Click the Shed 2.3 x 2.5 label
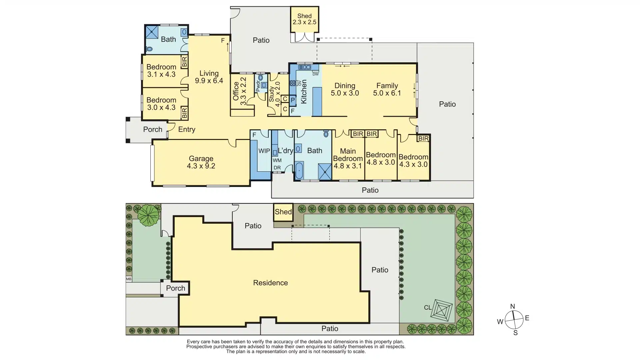tap(304, 19)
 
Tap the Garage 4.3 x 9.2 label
tap(201, 162)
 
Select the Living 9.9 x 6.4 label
tap(209, 77)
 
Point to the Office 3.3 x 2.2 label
tap(239, 91)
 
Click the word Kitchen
tap(304, 91)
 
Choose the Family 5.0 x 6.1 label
tap(387, 89)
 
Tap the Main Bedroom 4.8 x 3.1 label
tap(348, 158)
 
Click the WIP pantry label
tap(264, 151)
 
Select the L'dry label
tap(285, 151)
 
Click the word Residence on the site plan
tap(270, 283)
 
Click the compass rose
tap(514, 320)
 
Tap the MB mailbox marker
tap(129, 279)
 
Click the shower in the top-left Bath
tap(152, 32)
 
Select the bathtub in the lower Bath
tap(299, 171)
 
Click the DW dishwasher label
tap(315, 74)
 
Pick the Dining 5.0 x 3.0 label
tap(345, 89)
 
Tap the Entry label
tap(187, 129)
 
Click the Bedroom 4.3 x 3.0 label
tap(413, 160)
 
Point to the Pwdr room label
tap(257, 86)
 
